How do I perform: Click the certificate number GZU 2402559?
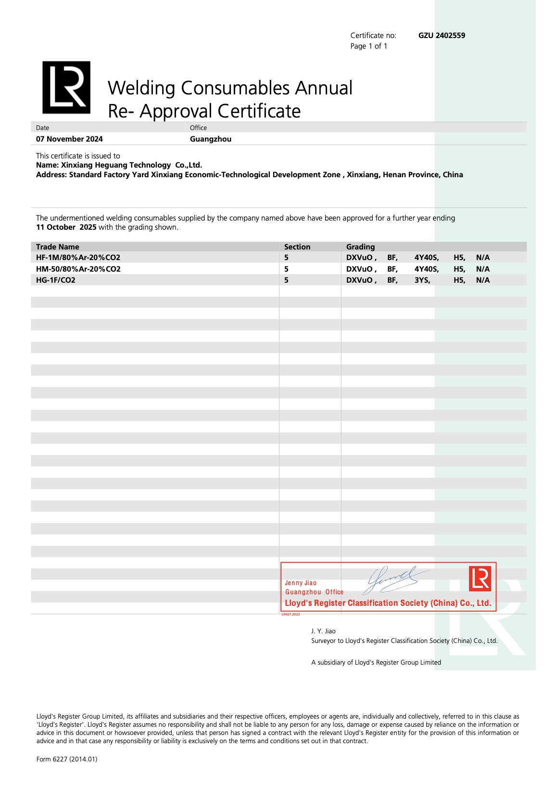442,36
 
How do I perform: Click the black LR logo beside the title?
66,88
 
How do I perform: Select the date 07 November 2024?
69,139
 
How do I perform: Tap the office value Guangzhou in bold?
211,139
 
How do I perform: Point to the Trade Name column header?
58,247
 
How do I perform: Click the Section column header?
297,247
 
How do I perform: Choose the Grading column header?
360,247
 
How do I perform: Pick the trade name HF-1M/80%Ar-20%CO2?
78,258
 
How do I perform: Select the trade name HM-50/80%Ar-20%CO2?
78,269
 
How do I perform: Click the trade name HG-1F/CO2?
56,280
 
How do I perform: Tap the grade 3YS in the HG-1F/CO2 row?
422,280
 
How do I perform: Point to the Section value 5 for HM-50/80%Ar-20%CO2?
286,269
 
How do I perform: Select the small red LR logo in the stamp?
480,578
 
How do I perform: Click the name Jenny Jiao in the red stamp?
301,583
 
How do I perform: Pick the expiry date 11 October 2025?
66,227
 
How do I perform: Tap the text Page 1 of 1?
369,46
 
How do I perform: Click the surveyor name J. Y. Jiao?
323,631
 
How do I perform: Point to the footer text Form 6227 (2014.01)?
67,760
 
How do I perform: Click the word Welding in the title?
141,89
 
